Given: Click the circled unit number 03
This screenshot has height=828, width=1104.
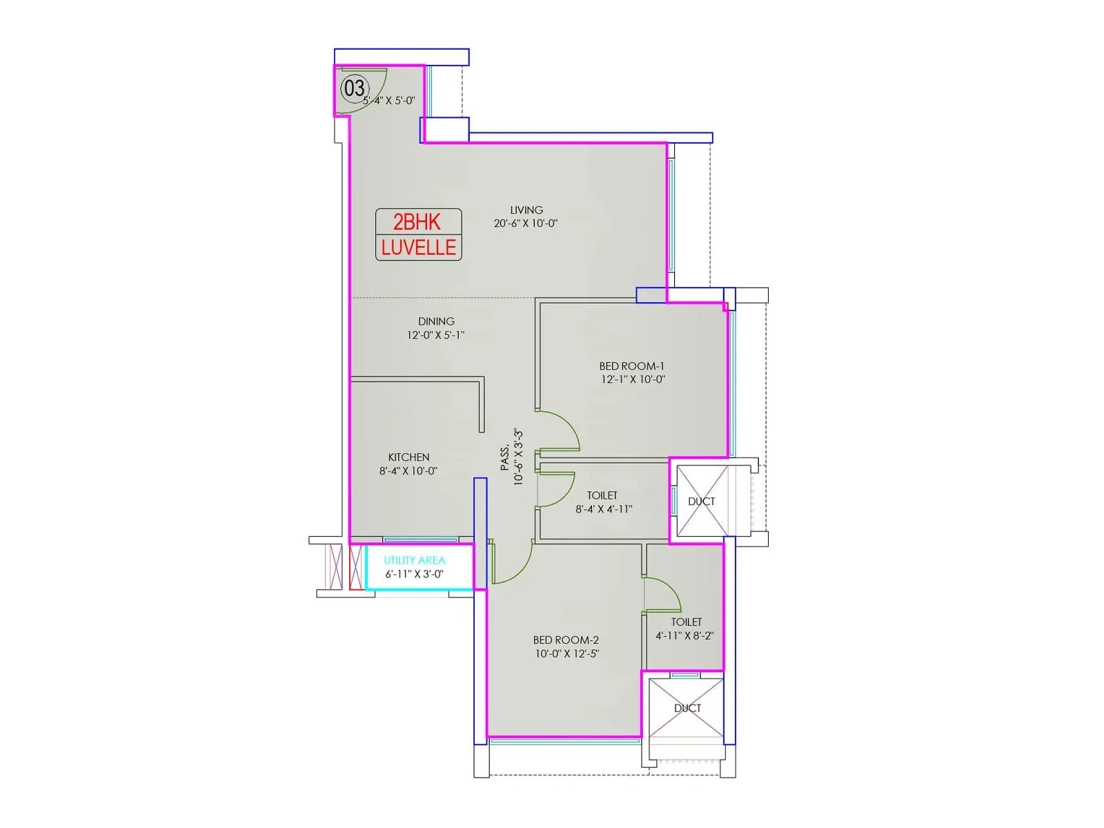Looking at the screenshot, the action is click(x=355, y=88).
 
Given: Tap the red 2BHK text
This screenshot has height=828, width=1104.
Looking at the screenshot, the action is click(x=417, y=221).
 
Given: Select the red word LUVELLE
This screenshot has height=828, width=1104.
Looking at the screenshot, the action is click(x=418, y=247).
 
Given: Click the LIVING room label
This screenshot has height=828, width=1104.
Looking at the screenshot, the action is click(x=526, y=210).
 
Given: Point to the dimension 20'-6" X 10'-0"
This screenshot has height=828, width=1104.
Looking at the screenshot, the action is click(x=526, y=223).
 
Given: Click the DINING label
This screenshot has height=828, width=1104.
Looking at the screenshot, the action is click(x=436, y=322).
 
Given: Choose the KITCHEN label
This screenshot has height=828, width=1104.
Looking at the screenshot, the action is click(x=408, y=457).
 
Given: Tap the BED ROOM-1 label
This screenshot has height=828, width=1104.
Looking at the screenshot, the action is click(x=632, y=366).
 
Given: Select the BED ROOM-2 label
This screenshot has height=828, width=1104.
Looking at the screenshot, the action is click(x=566, y=640).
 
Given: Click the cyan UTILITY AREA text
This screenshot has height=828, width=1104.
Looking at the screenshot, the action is click(x=415, y=560).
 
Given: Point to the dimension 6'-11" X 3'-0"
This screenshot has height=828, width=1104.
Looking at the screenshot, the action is click(x=415, y=574).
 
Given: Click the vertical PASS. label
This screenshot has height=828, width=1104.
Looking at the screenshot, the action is click(x=505, y=457).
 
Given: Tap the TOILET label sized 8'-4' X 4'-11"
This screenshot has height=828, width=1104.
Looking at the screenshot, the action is click(x=602, y=495).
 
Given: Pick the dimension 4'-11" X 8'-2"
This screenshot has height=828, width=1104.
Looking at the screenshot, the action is click(x=684, y=636).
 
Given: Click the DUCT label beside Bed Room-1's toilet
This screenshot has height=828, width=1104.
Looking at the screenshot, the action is click(x=701, y=501).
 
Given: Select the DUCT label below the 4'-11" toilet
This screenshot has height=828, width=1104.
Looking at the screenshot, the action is click(x=687, y=709).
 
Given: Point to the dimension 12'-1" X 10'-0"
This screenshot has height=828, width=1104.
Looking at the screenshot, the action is click(x=633, y=379).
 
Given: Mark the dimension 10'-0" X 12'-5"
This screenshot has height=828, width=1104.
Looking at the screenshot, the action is click(x=567, y=654).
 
